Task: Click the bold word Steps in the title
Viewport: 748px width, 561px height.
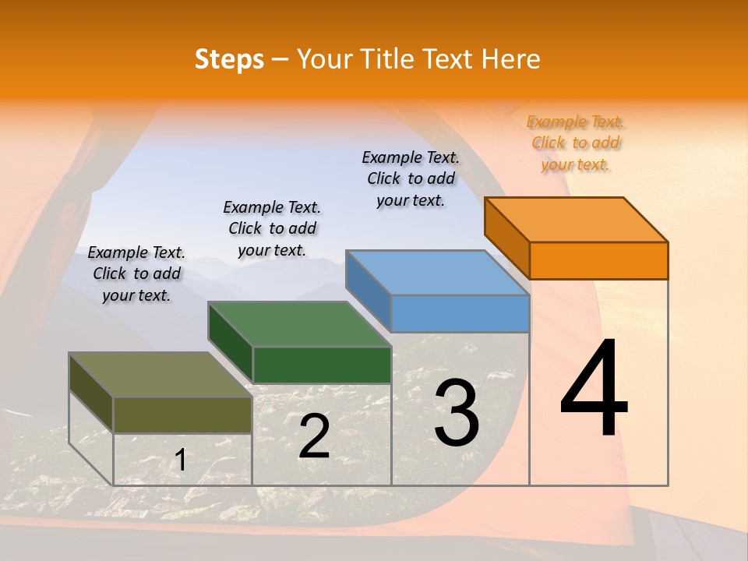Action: point(229,59)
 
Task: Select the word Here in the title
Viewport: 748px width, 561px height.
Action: point(510,59)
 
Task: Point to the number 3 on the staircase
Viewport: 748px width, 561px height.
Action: point(457,412)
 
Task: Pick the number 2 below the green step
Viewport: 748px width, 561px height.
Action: point(314,436)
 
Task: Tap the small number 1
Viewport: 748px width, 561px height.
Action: point(180,460)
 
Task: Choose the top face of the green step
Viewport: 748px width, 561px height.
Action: point(300,324)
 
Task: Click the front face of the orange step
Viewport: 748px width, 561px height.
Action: point(598,260)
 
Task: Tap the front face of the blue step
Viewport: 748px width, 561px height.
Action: point(460,313)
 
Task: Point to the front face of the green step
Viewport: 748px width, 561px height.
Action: point(322,365)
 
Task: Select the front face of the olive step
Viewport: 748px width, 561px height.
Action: point(183,415)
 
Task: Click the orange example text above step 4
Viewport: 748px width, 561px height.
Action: point(576,143)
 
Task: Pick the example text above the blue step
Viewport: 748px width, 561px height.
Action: point(411,178)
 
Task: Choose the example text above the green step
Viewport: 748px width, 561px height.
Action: point(272,228)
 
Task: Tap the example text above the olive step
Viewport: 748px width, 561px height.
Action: point(136,273)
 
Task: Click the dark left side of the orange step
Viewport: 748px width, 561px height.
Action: point(507,238)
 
